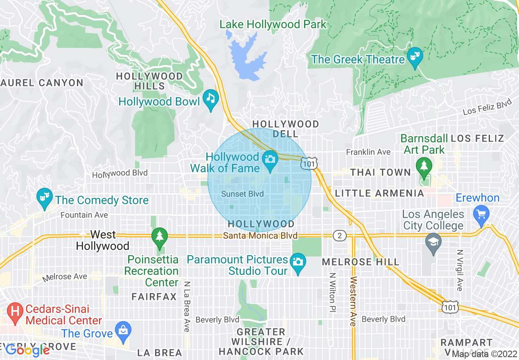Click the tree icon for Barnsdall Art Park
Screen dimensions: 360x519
point(424,166)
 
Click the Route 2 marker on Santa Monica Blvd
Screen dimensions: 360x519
point(339,235)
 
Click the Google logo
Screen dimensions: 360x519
point(27,350)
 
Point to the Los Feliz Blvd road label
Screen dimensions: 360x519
point(487,107)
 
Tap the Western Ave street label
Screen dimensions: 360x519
point(353,301)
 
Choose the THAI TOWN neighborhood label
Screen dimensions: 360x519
point(380,172)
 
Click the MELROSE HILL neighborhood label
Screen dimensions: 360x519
point(354,262)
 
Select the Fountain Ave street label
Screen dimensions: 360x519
point(84,215)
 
